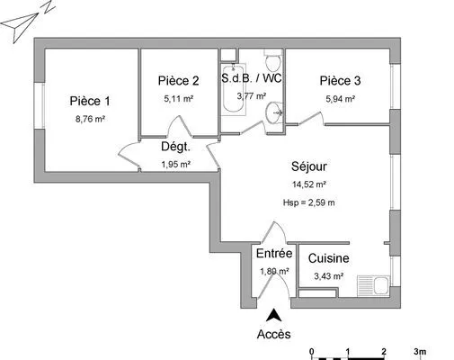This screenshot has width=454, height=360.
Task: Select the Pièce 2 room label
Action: click(177, 79)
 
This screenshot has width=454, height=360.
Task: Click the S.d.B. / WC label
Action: click(252, 77)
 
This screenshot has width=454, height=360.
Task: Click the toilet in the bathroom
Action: click(272, 62)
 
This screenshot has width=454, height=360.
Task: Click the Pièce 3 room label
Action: click(340, 79)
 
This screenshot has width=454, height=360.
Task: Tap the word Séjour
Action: click(308, 166)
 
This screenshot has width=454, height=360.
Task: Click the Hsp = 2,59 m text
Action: click(308, 202)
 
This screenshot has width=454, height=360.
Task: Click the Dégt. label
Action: click(175, 147)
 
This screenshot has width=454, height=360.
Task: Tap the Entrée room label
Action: click(273, 254)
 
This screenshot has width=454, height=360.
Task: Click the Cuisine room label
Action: click(328, 259)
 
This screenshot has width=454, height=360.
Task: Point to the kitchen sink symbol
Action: click(378, 287)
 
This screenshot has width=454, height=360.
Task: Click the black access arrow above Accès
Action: click(273, 314)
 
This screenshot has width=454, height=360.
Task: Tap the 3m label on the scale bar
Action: click(419, 351)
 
